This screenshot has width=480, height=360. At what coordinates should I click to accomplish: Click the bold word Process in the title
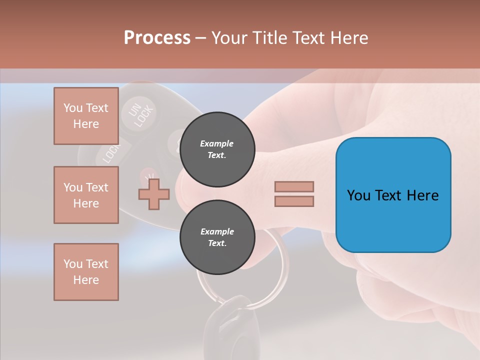157,38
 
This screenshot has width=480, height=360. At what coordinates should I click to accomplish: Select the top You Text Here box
86,116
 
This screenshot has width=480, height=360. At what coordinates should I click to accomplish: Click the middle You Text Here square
86,195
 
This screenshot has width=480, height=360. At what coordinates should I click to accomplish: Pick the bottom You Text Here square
86,272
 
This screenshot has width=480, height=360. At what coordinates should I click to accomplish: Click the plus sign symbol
154,194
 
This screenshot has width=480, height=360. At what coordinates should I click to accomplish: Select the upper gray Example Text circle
217,149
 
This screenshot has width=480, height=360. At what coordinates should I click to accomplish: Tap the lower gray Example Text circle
217,237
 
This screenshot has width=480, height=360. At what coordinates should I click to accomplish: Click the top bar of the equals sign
294,186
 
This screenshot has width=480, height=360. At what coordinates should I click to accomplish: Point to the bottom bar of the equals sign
294,201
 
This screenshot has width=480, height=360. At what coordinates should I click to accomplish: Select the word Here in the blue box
423,195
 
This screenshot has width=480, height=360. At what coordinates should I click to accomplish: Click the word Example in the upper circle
217,143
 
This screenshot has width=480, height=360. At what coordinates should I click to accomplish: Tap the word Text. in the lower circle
217,243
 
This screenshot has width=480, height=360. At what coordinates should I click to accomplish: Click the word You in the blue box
359,195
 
